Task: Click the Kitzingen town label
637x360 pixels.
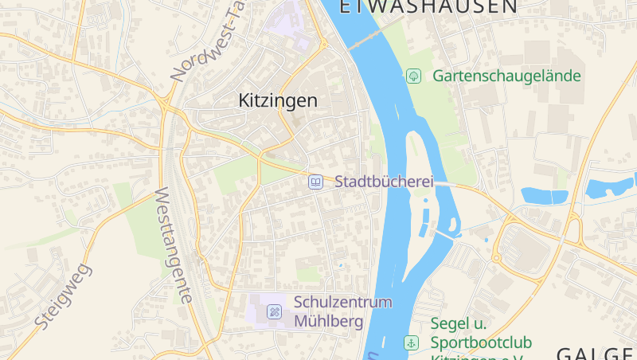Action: pyautogui.click(x=278, y=100)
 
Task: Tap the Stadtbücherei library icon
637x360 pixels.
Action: pyautogui.click(x=316, y=182)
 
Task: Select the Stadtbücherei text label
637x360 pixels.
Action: pyautogui.click(x=384, y=182)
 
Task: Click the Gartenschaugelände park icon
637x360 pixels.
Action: pyautogui.click(x=413, y=76)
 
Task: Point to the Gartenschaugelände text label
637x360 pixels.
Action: pyautogui.click(x=506, y=76)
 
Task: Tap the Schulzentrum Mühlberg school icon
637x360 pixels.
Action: pyautogui.click(x=275, y=311)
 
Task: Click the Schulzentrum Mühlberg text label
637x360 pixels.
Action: pyautogui.click(x=343, y=311)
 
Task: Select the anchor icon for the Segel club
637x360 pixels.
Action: pyautogui.click(x=411, y=342)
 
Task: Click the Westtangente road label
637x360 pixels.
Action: pyautogui.click(x=173, y=245)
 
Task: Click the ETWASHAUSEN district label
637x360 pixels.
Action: pyautogui.click(x=428, y=7)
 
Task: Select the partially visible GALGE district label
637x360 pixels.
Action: pyautogui.click(x=595, y=353)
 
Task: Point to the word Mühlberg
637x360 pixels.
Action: pyautogui.click(x=328, y=322)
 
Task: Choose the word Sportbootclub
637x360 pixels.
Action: pyautogui.click(x=480, y=342)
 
